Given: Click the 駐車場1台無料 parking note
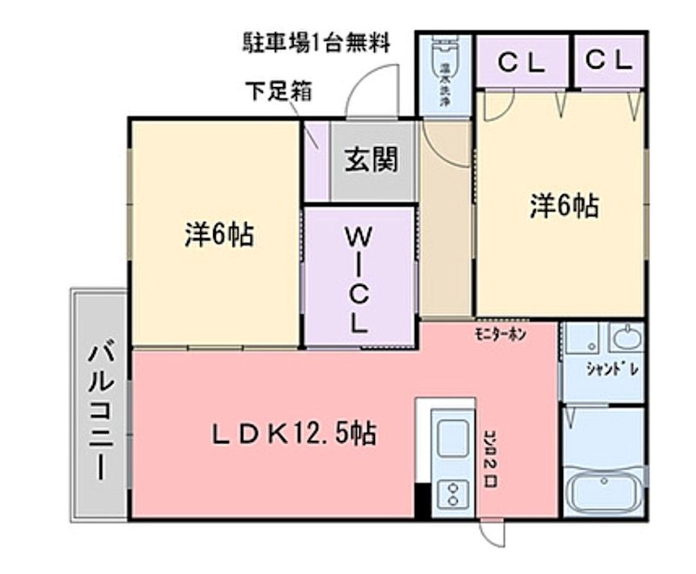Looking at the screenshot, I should coord(317,42).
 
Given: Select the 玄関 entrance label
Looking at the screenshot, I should coord(371,160).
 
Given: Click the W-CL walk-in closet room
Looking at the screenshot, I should coord(358,277).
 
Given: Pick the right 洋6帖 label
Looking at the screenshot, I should coord(563,205).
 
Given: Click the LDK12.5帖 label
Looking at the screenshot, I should coord(296,432).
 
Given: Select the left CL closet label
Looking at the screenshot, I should coord(521,61).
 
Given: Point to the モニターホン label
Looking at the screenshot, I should coord(500,335).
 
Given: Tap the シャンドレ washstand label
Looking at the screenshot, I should coord(612,369).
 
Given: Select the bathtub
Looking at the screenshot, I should coord(605,494).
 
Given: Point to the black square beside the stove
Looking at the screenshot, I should coord(423,502).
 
